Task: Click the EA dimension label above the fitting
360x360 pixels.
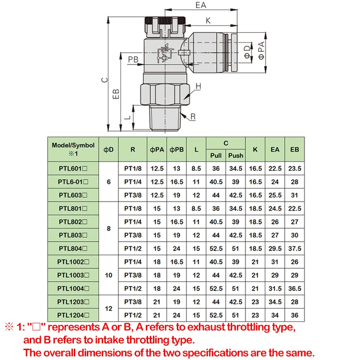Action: [x=201, y=5]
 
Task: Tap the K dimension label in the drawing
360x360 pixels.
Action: [x=208, y=21]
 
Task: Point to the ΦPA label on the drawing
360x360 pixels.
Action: [x=261, y=50]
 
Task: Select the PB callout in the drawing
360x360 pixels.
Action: [x=133, y=59]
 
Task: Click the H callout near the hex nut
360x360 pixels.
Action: [x=198, y=86]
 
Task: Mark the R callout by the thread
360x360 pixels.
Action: [x=193, y=117]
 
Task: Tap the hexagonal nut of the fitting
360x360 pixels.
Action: [x=165, y=94]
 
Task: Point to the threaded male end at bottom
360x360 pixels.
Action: [x=165, y=118]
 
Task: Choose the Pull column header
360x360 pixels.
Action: [x=216, y=155]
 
